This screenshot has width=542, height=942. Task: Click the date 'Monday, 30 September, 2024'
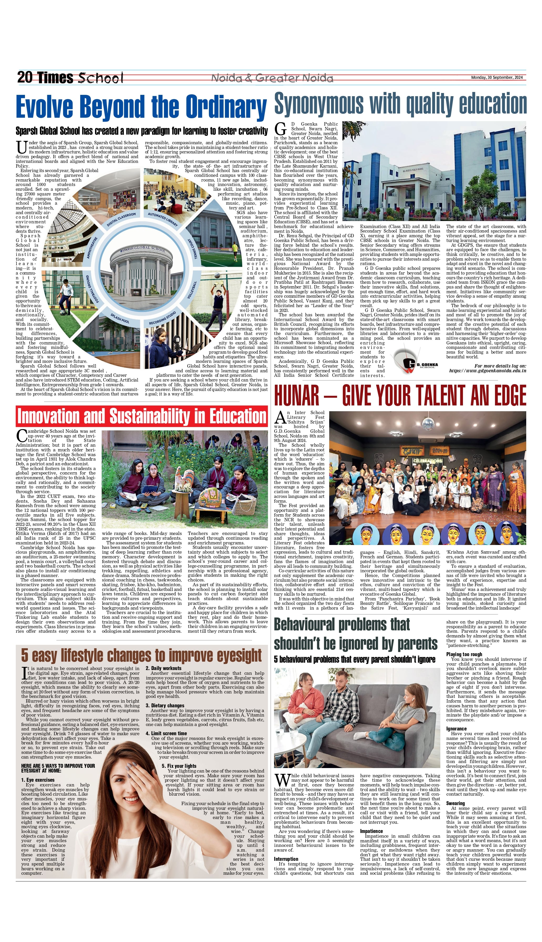497,78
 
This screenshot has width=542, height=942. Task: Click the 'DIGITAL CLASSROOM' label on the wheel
121,220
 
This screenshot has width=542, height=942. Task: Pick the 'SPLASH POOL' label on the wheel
120,318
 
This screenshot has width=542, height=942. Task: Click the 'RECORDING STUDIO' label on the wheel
162,318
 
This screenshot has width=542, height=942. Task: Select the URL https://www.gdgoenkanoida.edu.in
487,371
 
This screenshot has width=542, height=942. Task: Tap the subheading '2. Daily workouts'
163,668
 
